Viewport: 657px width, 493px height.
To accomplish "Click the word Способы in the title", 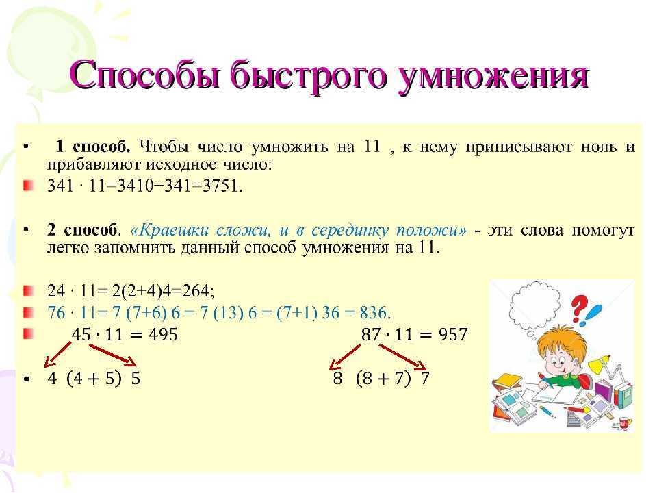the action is tap(145, 76).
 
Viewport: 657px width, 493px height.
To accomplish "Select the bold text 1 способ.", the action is tap(93, 147).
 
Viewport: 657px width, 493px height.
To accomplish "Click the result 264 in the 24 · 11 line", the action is tap(196, 290).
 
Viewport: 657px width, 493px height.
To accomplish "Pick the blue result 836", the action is tap(372, 313).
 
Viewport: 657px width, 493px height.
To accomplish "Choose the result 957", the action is tap(452, 335).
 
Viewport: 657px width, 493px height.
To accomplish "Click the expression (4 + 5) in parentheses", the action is tap(94, 379).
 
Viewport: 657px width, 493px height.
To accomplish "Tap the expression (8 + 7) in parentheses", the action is tap(383, 379).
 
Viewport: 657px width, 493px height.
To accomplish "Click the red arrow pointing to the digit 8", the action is tap(344, 357).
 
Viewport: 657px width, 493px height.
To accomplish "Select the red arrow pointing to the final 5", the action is tap(112, 355).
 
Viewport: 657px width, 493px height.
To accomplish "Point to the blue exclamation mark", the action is tap(593, 315).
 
